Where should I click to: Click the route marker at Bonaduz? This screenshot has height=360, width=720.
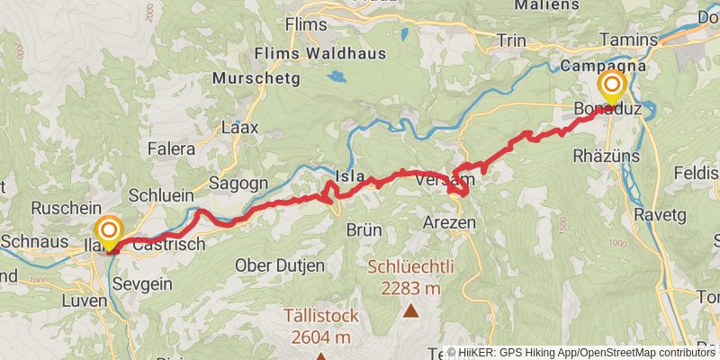coord(612,87)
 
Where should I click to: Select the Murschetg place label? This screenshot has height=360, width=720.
coord(252,78)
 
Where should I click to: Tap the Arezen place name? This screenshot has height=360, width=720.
coord(449,221)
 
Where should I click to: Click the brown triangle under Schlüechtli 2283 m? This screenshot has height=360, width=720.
coord(411,312)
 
